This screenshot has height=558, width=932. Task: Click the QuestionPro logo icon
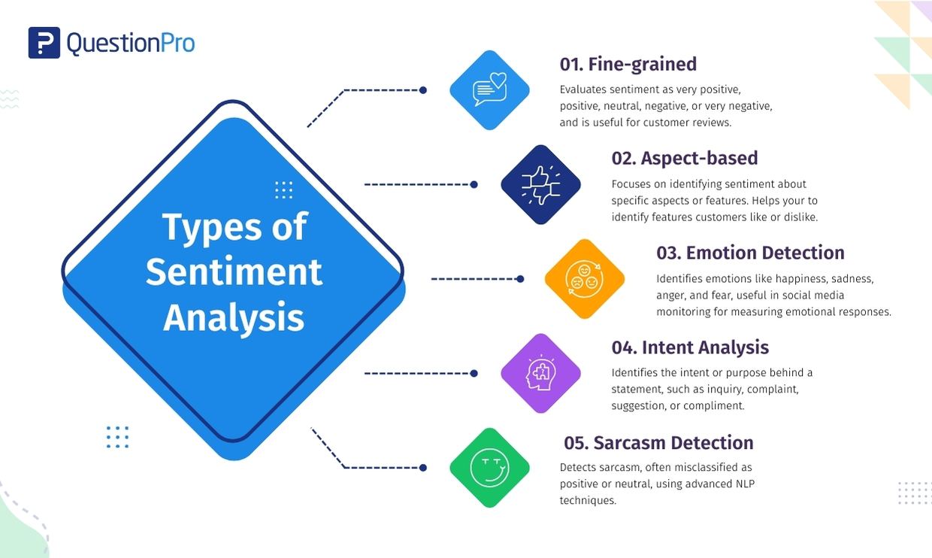tap(44, 43)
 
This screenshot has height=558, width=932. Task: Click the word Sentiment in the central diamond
tap(234, 271)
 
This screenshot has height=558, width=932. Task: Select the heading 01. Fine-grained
tap(628, 64)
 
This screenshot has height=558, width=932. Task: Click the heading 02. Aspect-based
tap(684, 158)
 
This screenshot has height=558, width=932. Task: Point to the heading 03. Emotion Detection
tap(750, 253)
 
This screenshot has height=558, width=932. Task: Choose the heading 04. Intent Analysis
tap(690, 347)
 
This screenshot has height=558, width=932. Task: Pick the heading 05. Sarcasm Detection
tap(658, 442)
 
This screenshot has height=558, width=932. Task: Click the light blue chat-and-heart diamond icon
tap(489, 90)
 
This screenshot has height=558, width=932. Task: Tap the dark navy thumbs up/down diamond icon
tap(541, 184)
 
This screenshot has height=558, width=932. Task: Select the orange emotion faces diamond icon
tap(585, 279)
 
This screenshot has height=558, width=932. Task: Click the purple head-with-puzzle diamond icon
tap(541, 373)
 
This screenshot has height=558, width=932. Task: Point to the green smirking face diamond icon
tap(489, 468)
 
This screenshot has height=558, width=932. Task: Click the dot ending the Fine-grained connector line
tap(423, 90)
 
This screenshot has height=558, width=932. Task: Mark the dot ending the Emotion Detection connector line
tap(520, 279)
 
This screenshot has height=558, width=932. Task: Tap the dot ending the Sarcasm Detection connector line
tap(423, 468)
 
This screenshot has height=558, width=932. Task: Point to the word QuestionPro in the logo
tap(131, 43)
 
